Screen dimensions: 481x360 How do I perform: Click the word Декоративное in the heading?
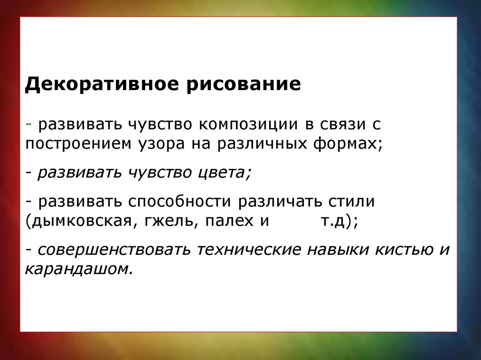(101, 84)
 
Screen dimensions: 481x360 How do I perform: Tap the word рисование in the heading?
(244, 84)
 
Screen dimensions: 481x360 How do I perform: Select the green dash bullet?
(29, 124)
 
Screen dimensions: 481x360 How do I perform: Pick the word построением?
(78, 144)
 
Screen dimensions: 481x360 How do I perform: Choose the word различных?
(262, 144)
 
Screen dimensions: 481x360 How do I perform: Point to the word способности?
(179, 201)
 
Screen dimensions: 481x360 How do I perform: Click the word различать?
(280, 202)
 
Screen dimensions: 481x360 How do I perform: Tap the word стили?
(352, 202)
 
